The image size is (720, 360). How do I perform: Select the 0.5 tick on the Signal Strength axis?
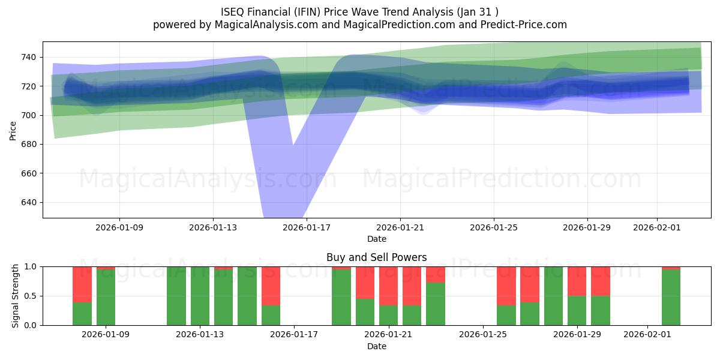coord(31,296)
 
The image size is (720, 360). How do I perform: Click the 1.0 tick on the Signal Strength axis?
coord(31,266)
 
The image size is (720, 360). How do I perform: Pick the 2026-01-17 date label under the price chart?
coord(307,227)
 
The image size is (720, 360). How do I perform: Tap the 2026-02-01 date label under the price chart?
coord(657,227)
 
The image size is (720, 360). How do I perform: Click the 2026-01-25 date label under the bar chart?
coord(483,335)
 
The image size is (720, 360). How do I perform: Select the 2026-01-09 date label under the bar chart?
coord(106,335)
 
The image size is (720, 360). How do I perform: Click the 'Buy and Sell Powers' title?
coord(377,257)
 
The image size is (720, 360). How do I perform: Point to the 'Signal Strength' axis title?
coord(16,296)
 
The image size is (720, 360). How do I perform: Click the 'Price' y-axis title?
coord(13,130)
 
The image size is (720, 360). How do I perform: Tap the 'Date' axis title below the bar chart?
coord(377,346)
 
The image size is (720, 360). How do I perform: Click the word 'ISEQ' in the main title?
coord(233,11)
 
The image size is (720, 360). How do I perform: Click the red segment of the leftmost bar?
coord(82,284)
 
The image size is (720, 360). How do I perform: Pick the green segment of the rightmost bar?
coord(671,298)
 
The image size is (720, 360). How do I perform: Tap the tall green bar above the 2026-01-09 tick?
coord(106,298)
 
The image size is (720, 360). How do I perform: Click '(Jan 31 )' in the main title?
coord(477,11)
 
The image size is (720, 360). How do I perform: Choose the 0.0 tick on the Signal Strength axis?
coord(31,325)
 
